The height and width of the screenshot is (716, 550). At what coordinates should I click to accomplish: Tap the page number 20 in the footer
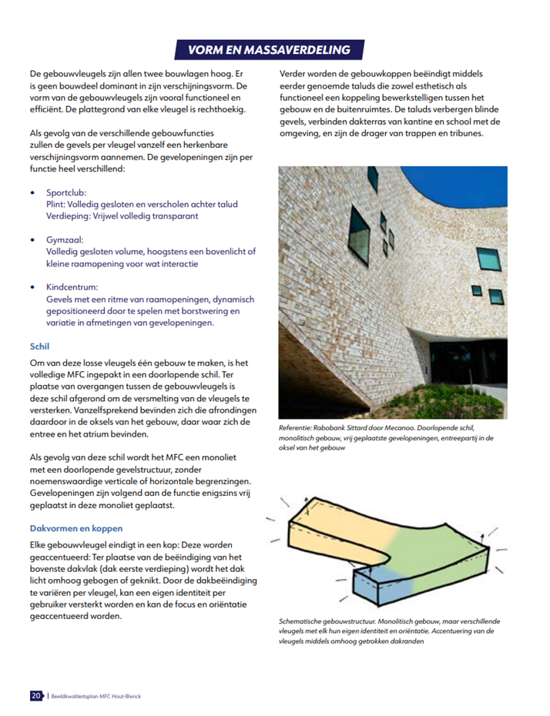(36, 695)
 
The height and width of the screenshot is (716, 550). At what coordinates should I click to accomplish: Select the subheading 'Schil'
(39, 346)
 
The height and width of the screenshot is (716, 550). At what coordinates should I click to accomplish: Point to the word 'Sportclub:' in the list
(67, 192)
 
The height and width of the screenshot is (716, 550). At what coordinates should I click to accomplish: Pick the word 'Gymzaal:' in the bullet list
(65, 239)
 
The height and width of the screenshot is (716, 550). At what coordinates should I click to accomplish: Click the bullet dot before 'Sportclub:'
(32, 192)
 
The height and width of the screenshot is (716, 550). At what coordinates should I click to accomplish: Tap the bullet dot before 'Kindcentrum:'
(32, 286)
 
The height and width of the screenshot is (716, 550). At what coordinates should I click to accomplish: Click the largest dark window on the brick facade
(360, 222)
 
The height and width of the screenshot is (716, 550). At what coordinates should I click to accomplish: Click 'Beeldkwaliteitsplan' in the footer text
(75, 696)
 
